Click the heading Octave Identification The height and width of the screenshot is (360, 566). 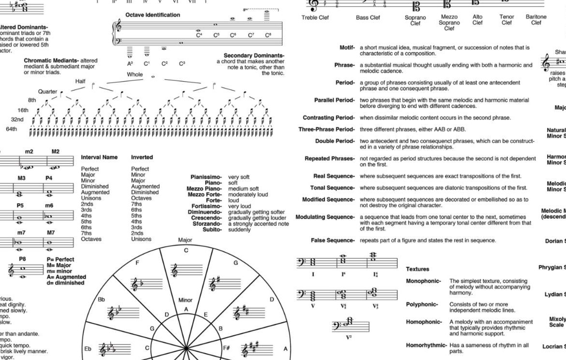152,15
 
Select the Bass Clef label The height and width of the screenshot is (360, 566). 368,17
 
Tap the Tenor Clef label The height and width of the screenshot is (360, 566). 506,20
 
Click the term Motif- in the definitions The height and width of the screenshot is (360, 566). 347,47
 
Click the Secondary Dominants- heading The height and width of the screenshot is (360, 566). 254,56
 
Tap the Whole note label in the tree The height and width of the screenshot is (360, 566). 135,75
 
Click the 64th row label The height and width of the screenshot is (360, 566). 12,129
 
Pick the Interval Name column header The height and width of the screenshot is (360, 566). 99,157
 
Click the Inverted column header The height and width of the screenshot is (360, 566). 142,157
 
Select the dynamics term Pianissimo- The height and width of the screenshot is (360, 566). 206,177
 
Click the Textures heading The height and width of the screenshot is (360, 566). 417,269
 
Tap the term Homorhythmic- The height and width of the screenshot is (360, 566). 426,345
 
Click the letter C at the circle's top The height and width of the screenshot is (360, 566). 186,250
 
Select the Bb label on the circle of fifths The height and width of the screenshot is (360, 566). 102,300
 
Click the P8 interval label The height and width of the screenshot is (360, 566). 22,259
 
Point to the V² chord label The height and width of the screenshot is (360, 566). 348,337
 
